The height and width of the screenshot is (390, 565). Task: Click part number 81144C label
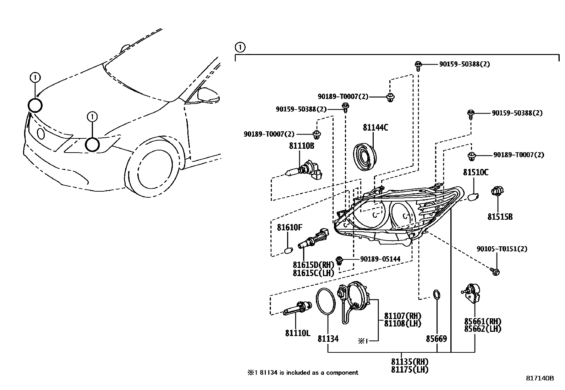tap(375, 128)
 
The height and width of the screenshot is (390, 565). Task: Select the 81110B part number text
tap(301, 146)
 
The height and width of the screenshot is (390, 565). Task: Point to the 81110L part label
tap(297, 333)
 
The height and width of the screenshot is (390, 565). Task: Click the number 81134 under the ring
tap(328, 339)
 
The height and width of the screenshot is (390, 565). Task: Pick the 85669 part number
tap(436, 339)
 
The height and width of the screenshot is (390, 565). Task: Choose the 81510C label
tap(476, 173)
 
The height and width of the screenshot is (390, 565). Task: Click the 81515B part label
tap(500, 217)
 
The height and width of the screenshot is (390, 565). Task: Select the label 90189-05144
tap(380, 259)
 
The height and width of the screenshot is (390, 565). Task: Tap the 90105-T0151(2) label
tap(502, 249)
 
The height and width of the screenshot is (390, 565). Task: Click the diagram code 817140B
tap(540, 378)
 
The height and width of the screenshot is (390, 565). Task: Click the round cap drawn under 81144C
tap(366, 156)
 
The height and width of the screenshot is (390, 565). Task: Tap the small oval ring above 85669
tap(436, 295)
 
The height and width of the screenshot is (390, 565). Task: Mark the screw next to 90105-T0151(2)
tap(495, 272)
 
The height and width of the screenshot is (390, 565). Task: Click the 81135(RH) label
tap(410, 362)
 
